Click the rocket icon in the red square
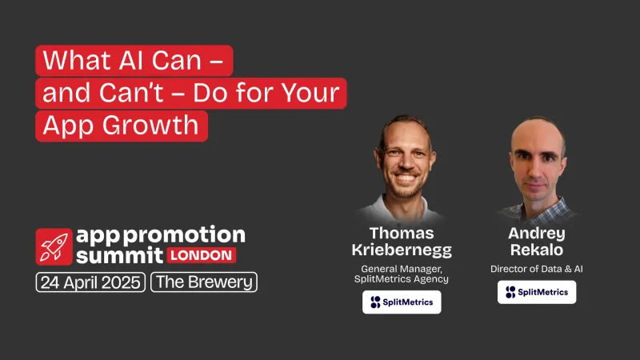coord(54,246)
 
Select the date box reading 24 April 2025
coord(90,282)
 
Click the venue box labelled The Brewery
coord(204,282)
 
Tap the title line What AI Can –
coord(134,61)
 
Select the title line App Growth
coord(122,126)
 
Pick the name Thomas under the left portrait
coord(401,233)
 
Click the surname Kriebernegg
coord(401,250)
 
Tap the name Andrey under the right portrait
coord(536,233)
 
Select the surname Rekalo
coord(536,250)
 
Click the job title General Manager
coord(401,269)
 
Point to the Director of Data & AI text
coord(536,269)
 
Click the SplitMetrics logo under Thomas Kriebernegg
coord(401,302)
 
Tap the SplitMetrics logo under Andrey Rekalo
coord(536,292)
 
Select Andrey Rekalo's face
coord(538,160)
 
